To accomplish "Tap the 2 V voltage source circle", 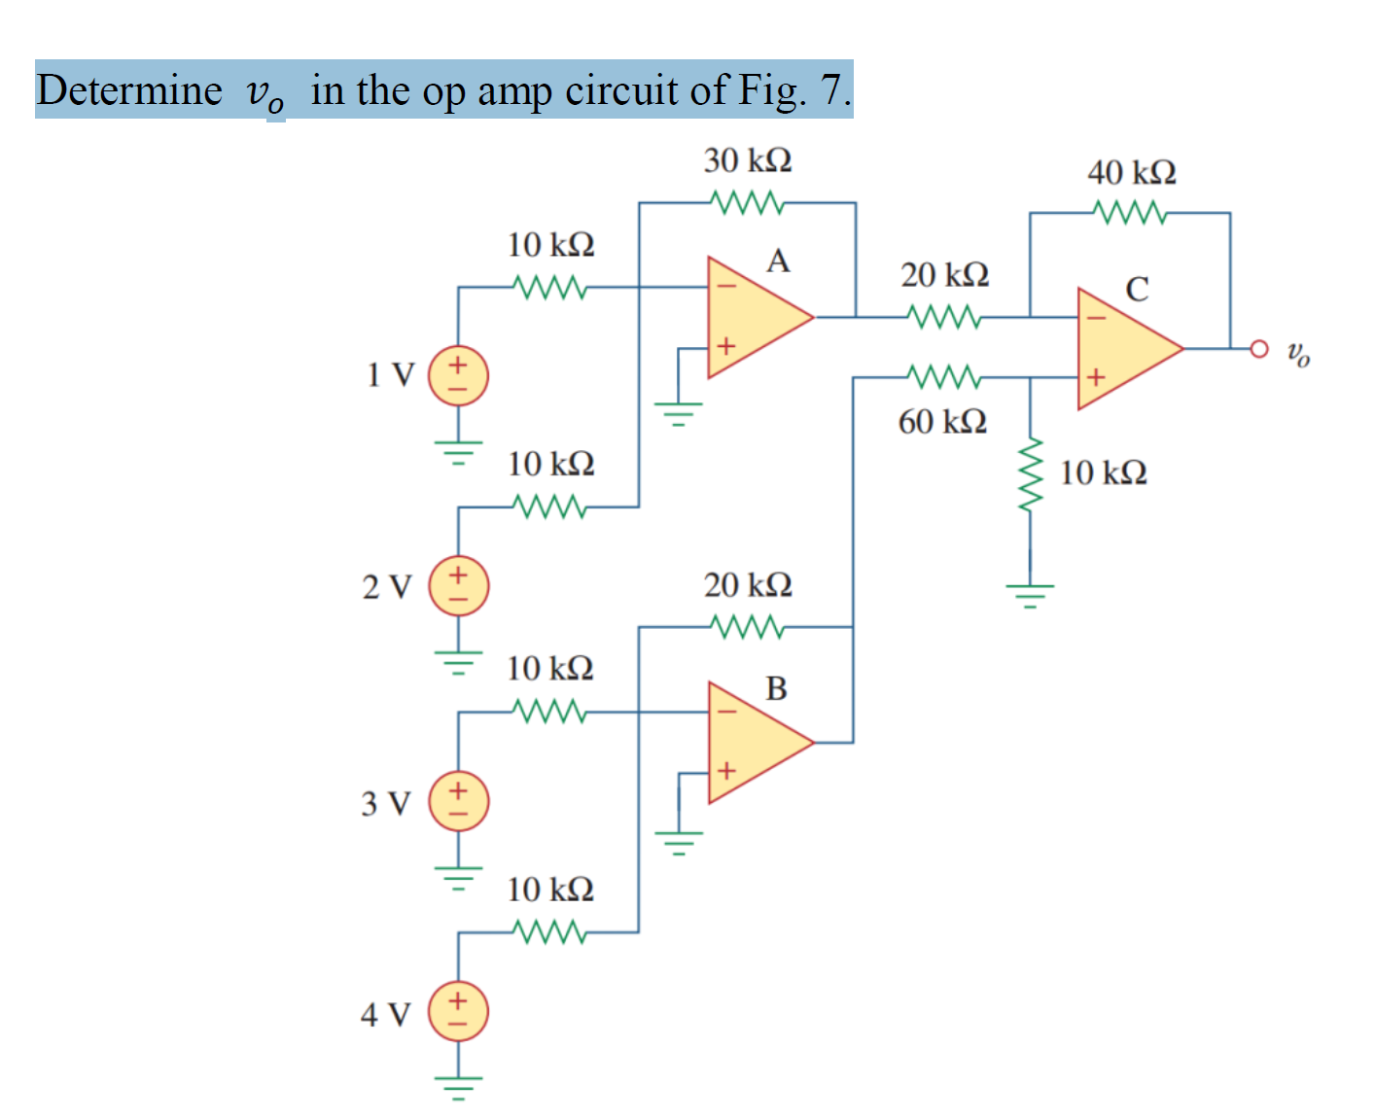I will (x=458, y=586).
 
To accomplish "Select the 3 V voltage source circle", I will (x=458, y=801).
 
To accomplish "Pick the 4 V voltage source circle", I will (x=458, y=1012).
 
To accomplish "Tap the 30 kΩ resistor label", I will (x=747, y=160).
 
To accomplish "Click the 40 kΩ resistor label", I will (x=1131, y=173).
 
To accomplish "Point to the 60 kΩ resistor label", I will (x=941, y=422).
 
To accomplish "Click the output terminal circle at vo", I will (x=1259, y=348).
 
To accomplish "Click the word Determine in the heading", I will (x=129, y=90).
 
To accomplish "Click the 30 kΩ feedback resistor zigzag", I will (x=747, y=202).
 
